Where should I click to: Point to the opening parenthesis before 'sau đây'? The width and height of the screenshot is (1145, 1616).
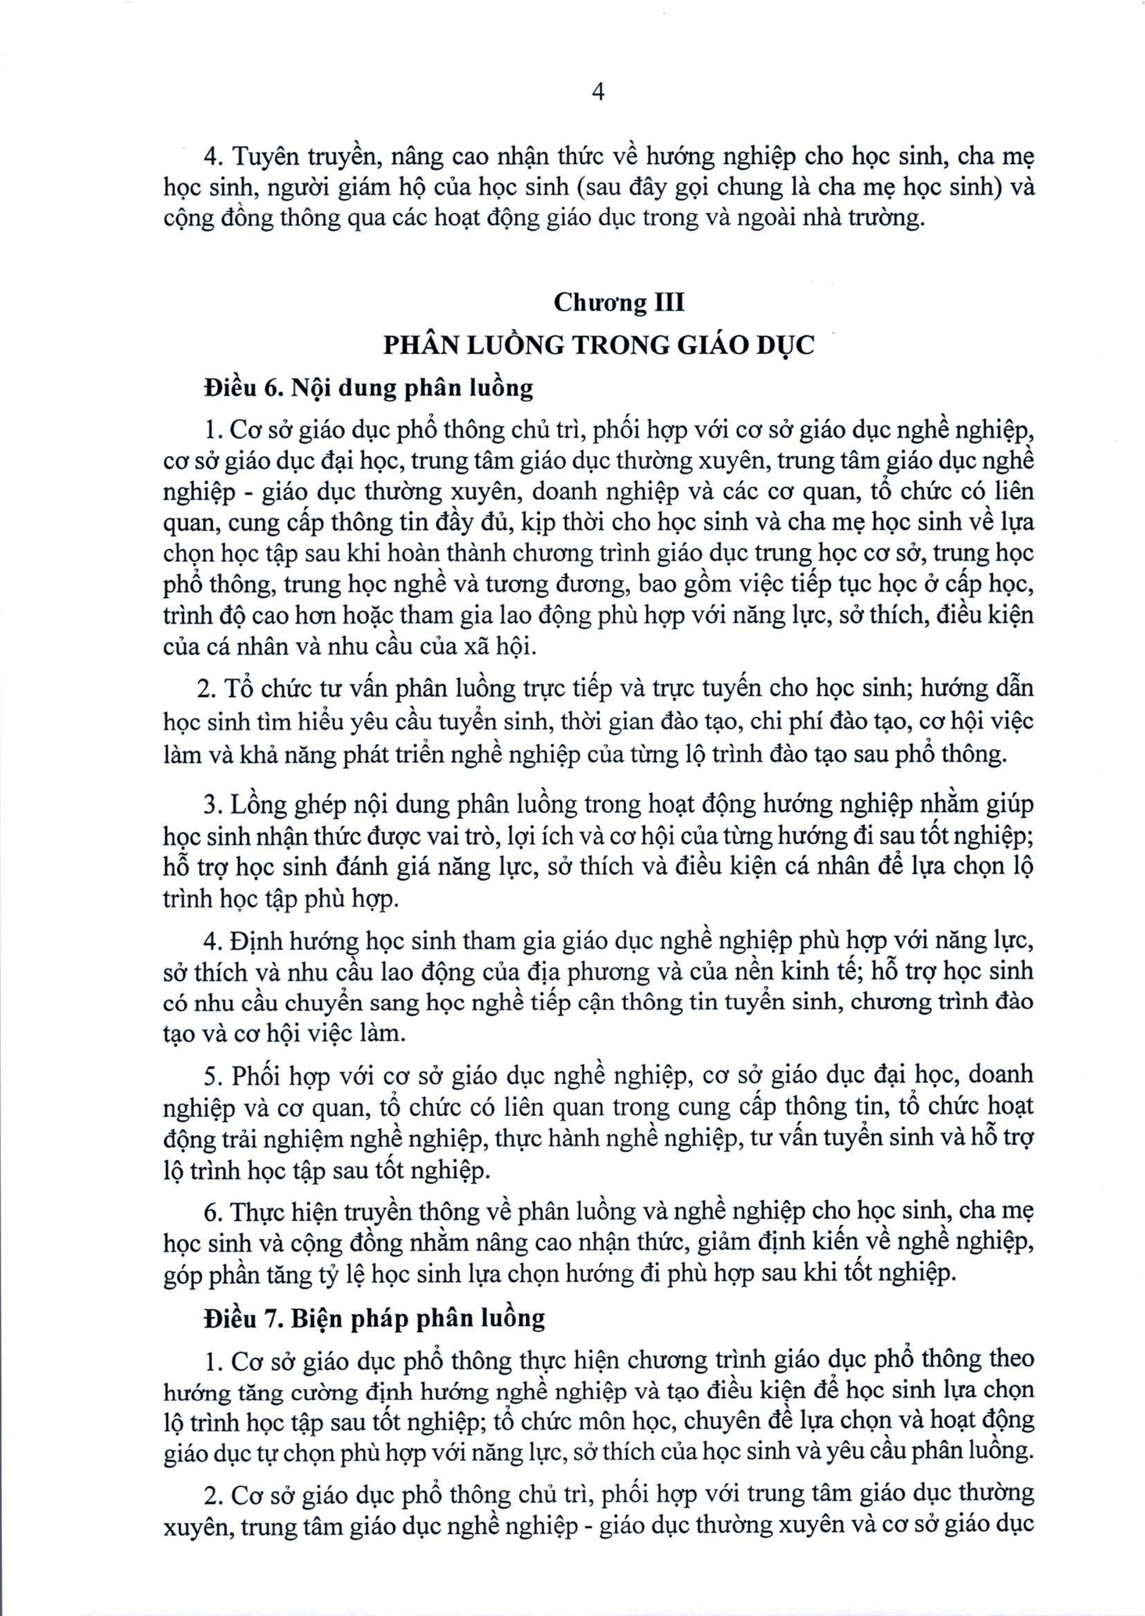pos(614,188)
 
